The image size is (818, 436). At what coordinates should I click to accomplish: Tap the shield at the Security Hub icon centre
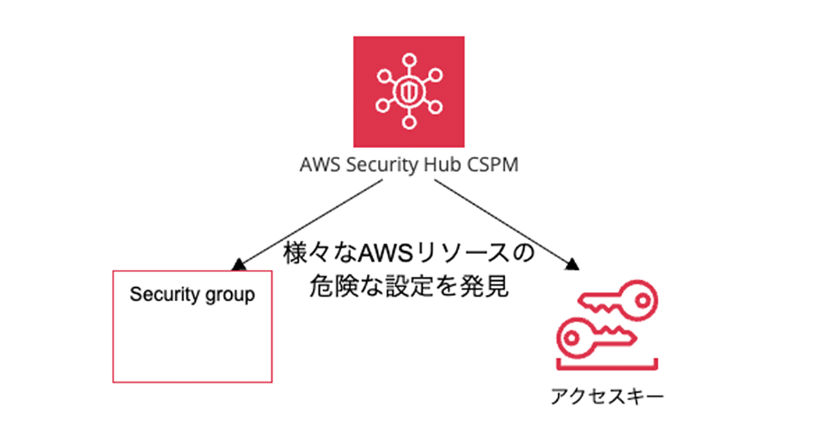click(408, 91)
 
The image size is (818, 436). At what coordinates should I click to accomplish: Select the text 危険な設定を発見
click(408, 287)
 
